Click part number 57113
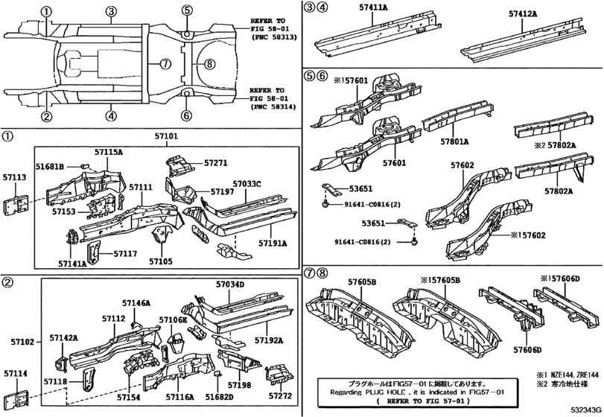[x=15, y=179]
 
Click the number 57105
[x=160, y=261]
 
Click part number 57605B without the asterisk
[x=363, y=281]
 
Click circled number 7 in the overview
[x=166, y=64]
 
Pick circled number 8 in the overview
[x=209, y=64]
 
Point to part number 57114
[x=15, y=373]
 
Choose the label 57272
[x=280, y=396]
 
